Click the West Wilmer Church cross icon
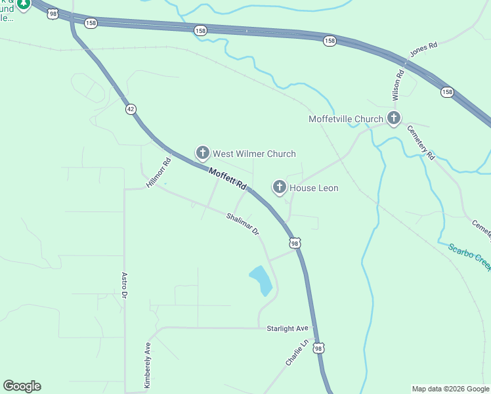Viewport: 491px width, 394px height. (203, 154)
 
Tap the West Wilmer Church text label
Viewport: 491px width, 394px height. (254, 154)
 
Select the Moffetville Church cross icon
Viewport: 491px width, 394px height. (393, 119)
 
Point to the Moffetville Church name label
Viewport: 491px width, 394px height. (345, 119)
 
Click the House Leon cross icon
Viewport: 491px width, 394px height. (280, 188)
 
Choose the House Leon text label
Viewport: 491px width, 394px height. (314, 188)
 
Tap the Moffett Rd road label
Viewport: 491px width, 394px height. (227, 178)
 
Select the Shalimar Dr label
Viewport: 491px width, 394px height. (243, 224)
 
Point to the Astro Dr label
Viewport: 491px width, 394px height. (123, 286)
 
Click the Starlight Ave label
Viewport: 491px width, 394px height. (288, 328)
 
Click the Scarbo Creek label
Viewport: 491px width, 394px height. (469, 257)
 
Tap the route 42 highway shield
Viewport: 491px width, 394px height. (131, 110)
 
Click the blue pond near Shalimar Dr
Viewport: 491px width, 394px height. (260, 280)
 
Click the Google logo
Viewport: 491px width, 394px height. (22, 386)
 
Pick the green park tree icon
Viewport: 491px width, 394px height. (24, 3)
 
